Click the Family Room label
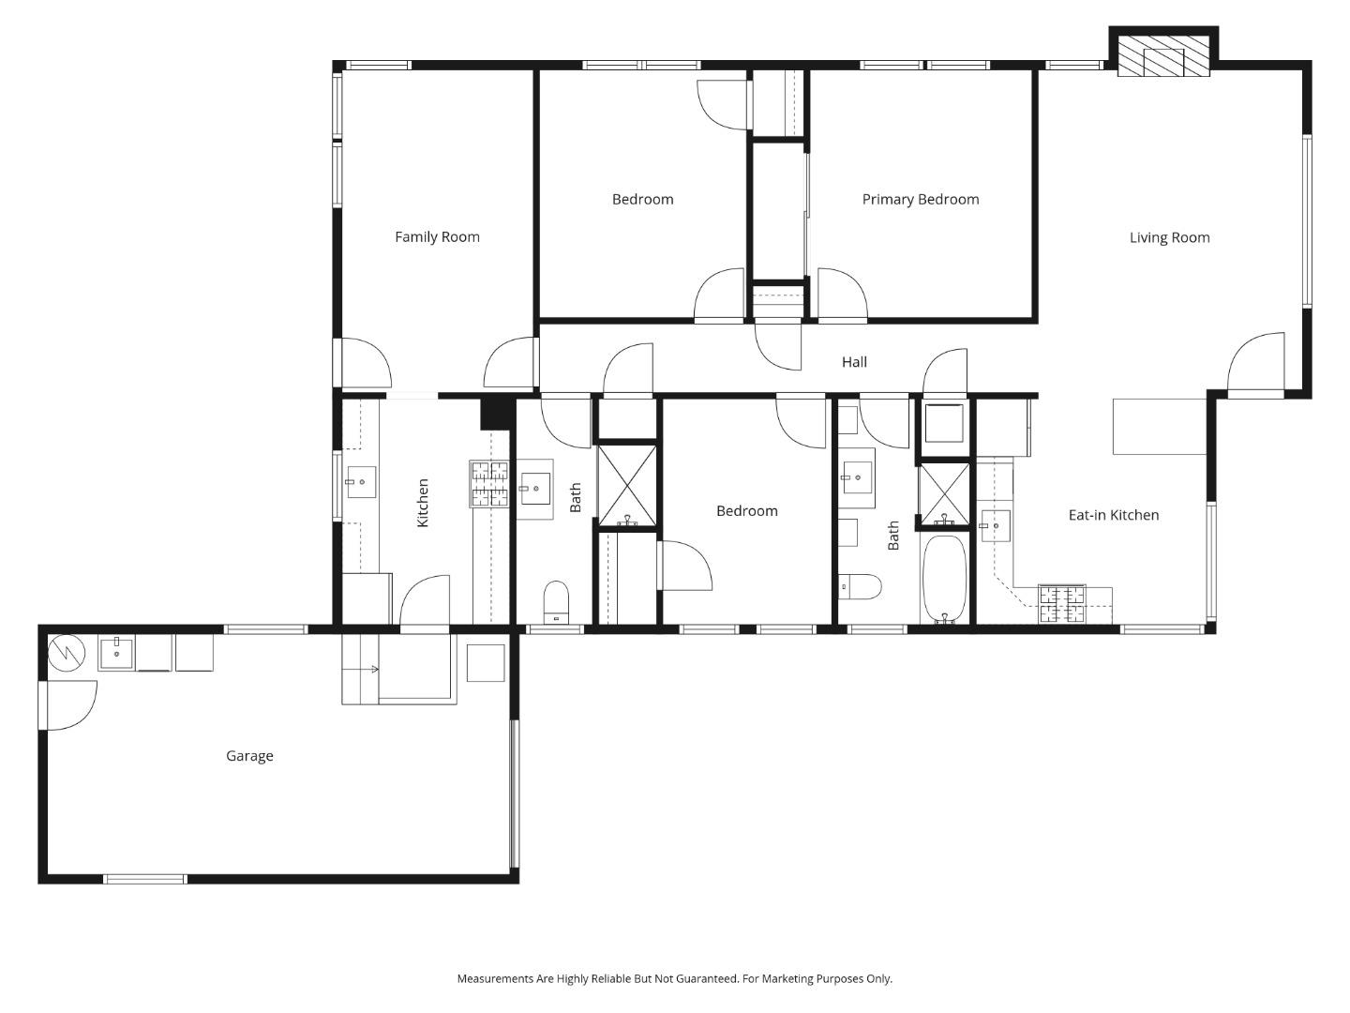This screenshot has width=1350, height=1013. point(437,237)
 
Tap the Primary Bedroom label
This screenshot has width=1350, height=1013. point(920,200)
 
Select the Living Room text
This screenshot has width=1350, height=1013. point(1169,238)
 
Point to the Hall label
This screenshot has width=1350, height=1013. point(853,362)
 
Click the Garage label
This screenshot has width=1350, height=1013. point(249,756)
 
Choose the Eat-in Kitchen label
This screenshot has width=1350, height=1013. point(1113,515)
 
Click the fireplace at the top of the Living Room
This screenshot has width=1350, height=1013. point(1163,57)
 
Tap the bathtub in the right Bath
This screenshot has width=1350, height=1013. point(944,578)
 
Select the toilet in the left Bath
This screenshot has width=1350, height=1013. point(556,600)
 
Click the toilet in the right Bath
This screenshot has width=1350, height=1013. point(860,587)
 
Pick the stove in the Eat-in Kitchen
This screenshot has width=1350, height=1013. point(1061,605)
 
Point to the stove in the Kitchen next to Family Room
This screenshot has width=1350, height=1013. point(488,484)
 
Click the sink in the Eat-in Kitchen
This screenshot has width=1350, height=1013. point(995,526)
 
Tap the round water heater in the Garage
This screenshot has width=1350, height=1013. point(67,651)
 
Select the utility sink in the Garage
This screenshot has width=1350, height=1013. point(116,653)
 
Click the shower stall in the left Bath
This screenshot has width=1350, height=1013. point(627,486)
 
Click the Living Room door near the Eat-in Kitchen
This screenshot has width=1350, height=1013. point(1256,364)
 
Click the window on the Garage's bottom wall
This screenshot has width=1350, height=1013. point(144,879)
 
